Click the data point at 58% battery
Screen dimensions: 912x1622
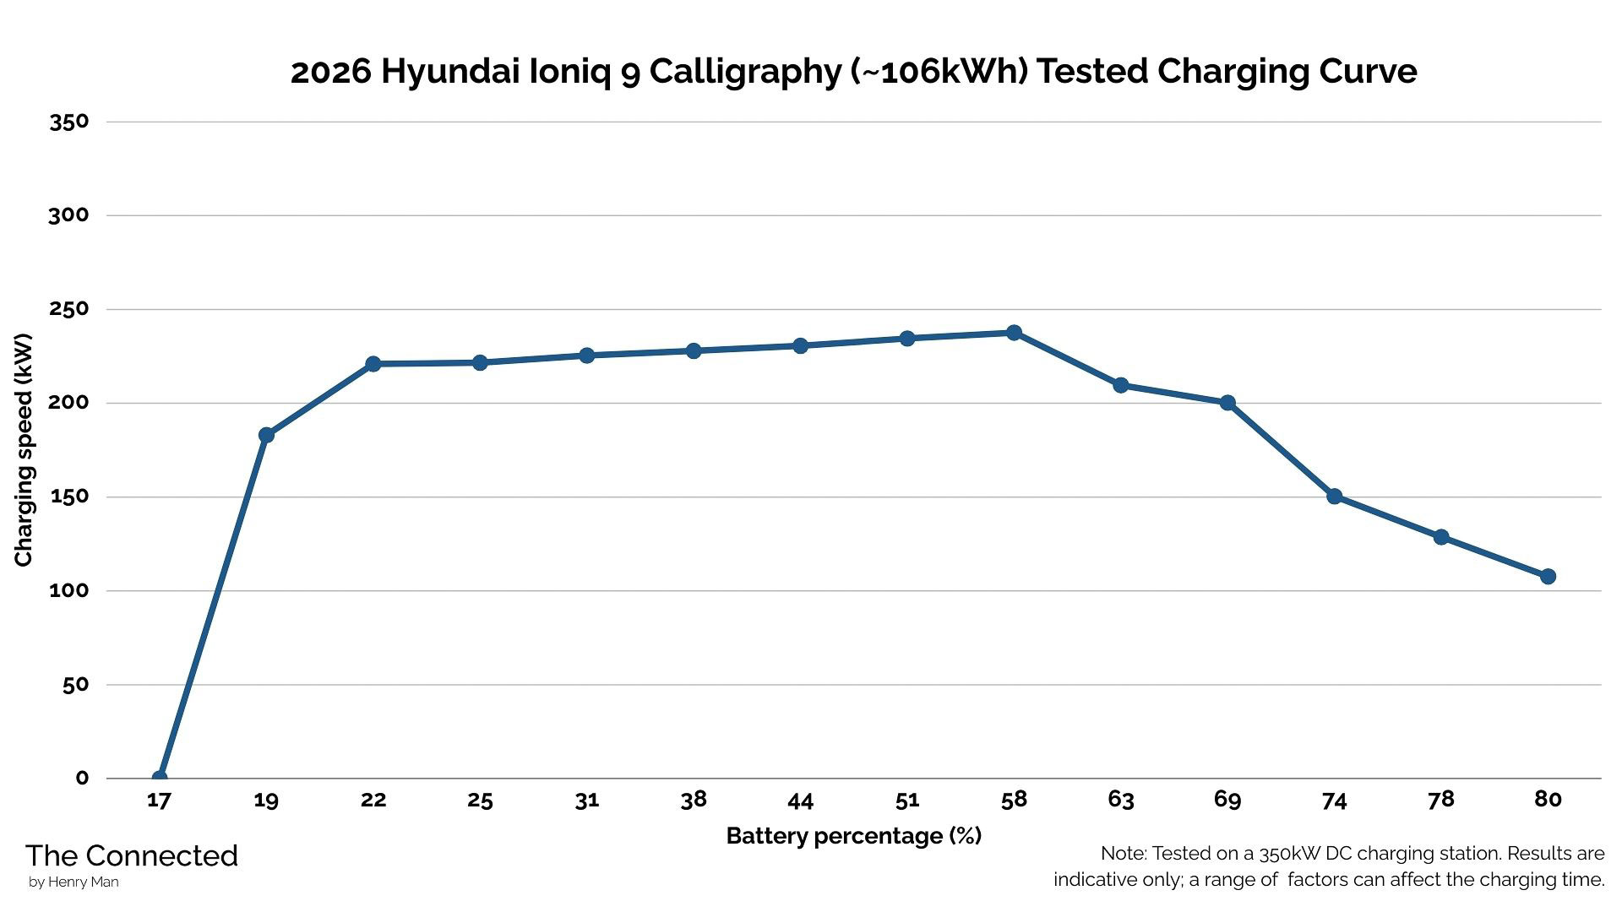(1014, 333)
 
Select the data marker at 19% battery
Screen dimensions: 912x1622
(266, 435)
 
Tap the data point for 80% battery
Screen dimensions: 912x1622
(1548, 577)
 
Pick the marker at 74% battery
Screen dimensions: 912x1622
(1334, 497)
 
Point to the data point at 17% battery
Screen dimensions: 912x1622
(160, 777)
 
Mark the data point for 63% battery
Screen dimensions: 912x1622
(1120, 385)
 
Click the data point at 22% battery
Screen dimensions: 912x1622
(373, 364)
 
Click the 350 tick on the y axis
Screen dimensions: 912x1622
(69, 122)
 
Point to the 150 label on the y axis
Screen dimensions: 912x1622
(69, 497)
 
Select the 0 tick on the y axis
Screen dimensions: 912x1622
(82, 779)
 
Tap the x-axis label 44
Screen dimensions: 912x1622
(800, 800)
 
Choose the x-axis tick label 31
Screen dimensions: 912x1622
(586, 800)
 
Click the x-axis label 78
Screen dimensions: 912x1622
(1440, 800)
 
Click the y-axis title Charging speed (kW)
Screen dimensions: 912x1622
(24, 450)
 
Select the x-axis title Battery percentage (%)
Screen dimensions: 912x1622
(853, 836)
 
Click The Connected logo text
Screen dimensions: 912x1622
(132, 856)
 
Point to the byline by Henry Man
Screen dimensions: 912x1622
(73, 882)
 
